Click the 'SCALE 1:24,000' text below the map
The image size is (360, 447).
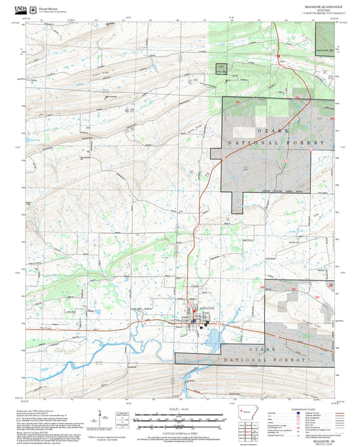click(x=180, y=408)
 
